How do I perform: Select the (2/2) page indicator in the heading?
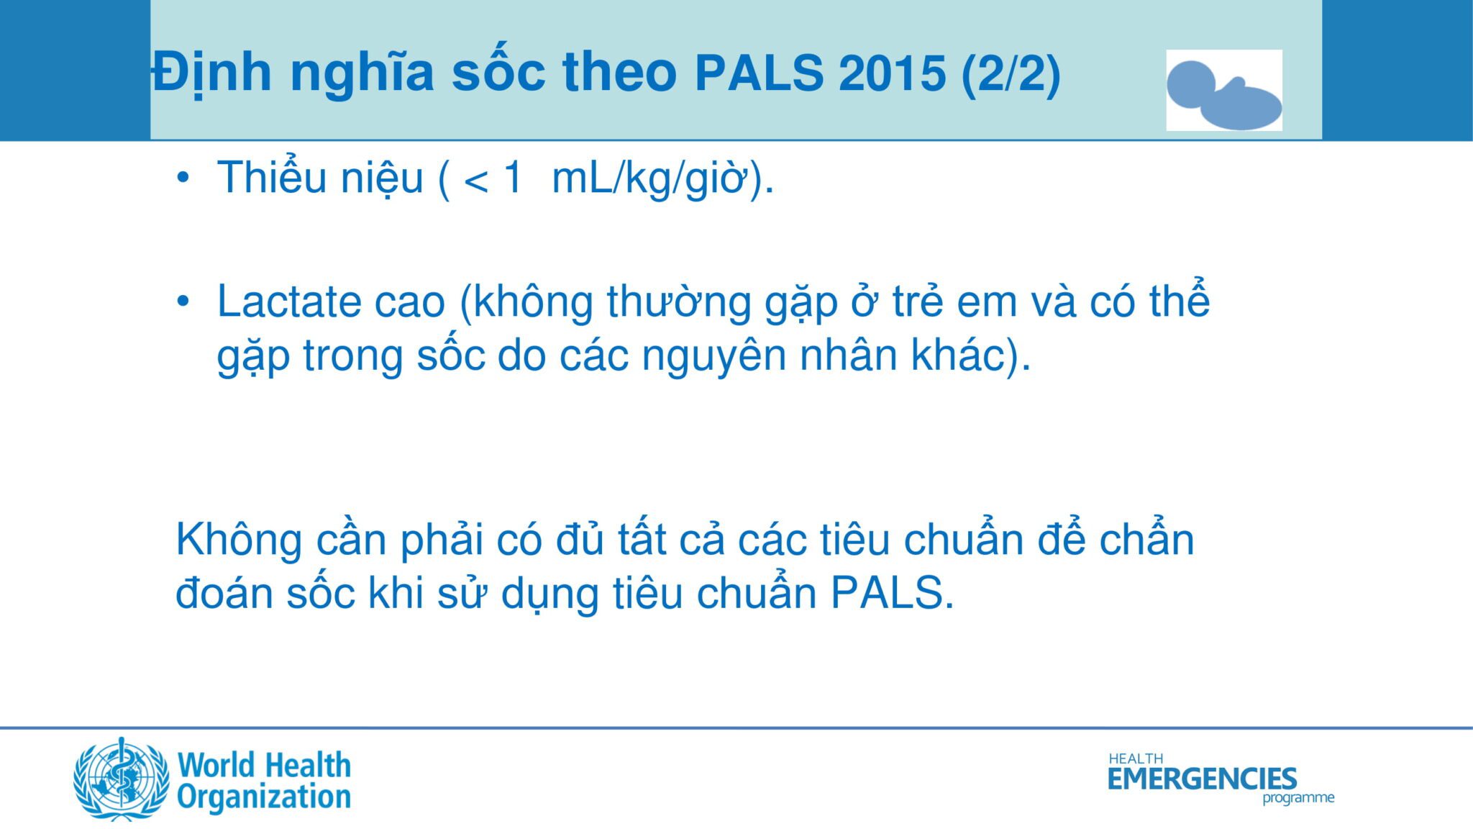[1011, 73]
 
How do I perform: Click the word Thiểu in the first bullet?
[272, 176]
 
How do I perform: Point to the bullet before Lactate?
[183, 301]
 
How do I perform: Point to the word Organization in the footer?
[264, 797]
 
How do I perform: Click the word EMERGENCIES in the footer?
[1203, 779]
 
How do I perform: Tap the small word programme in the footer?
[1298, 798]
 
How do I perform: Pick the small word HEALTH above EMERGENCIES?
[1136, 758]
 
